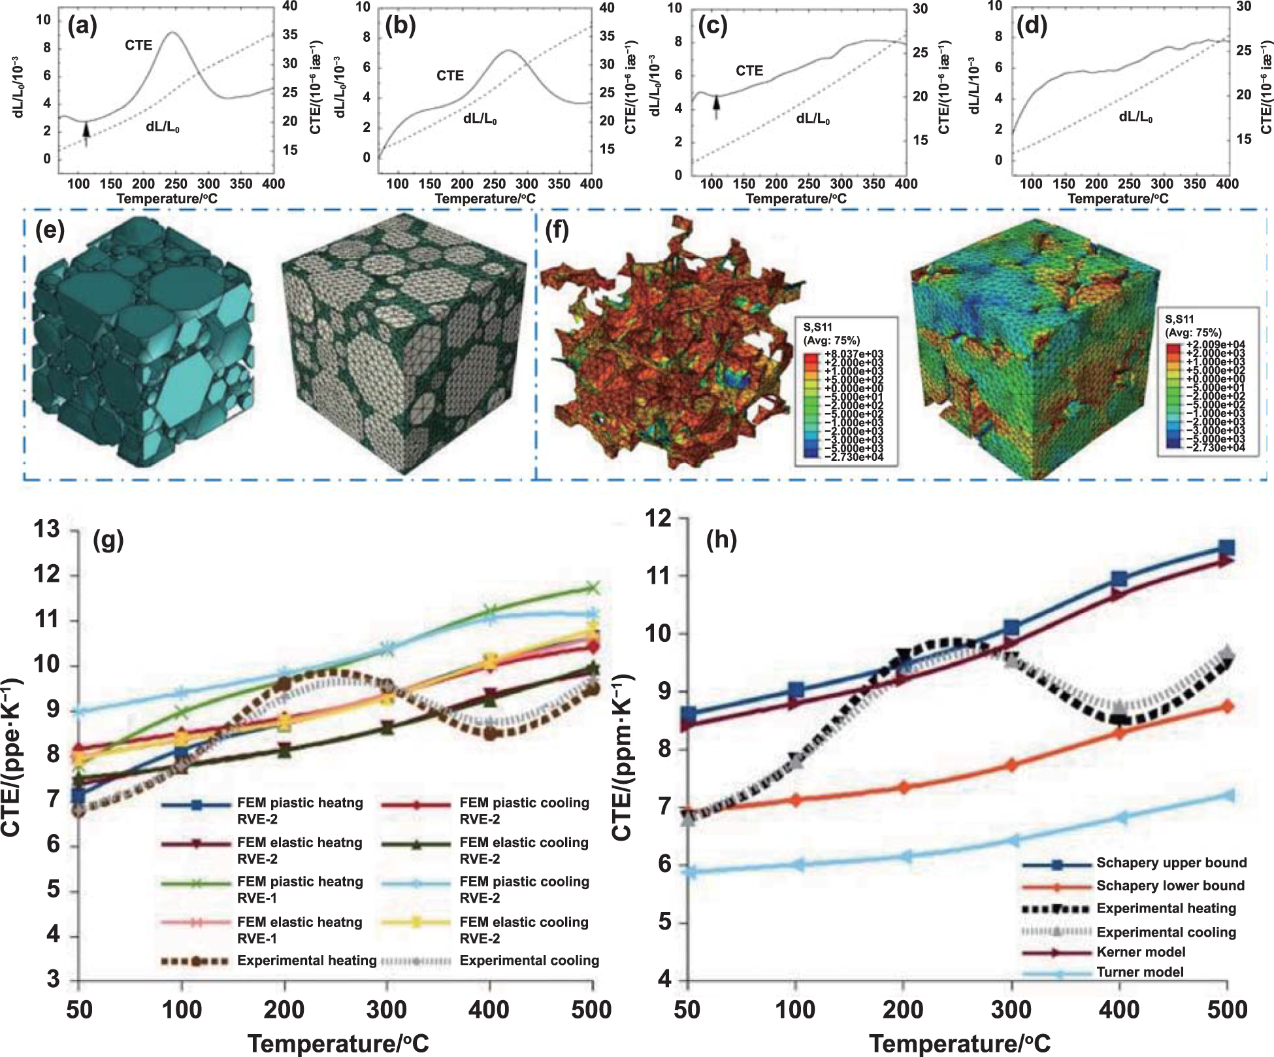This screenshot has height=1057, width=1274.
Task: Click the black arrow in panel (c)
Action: point(716,105)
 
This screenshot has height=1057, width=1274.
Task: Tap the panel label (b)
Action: point(400,27)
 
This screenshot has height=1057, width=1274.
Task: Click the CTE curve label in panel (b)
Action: point(450,76)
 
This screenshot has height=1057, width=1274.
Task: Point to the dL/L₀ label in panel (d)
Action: point(1135,117)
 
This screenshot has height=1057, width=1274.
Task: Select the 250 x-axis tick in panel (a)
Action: point(175,184)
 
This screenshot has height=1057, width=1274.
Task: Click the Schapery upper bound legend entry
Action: point(1171,863)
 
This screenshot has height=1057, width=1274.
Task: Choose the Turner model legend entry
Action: point(1139,972)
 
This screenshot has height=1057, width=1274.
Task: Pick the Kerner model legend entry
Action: point(1141,952)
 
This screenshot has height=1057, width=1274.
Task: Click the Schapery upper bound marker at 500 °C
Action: point(1227,547)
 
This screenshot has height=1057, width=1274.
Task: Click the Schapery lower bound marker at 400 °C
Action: point(1119,734)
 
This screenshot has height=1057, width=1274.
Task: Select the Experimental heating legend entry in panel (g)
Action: point(306,960)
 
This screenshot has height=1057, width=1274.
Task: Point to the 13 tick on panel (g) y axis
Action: point(46,529)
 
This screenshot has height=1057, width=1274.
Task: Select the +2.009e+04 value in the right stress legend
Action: point(1214,344)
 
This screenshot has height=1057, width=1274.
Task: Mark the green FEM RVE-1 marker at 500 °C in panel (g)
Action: point(592,588)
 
